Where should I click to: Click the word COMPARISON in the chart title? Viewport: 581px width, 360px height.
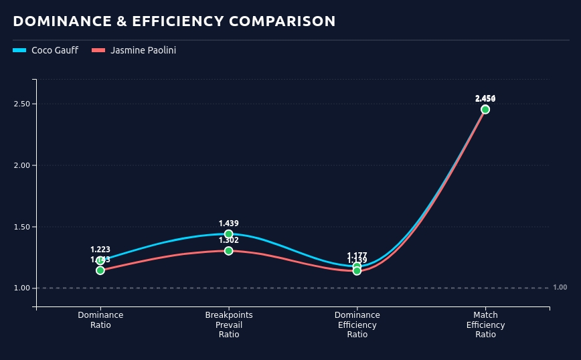pyautogui.click(x=282, y=21)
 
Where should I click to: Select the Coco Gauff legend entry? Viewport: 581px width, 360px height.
pyautogui.click(x=54, y=50)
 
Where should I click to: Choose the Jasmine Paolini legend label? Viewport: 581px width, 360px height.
pyautogui.click(x=143, y=50)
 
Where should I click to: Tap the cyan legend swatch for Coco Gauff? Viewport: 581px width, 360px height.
pyautogui.click(x=19, y=50)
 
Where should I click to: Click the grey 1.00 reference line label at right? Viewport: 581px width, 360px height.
pyautogui.click(x=560, y=288)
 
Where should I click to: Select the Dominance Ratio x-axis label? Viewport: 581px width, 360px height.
pyautogui.click(x=100, y=320)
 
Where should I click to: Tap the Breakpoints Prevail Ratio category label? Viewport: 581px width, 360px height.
pyautogui.click(x=229, y=325)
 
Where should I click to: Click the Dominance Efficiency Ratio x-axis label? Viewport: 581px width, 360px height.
pyautogui.click(x=357, y=325)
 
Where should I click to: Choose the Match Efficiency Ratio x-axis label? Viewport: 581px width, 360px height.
pyautogui.click(x=485, y=325)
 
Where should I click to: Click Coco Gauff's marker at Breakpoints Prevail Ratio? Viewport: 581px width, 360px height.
pyautogui.click(x=229, y=234)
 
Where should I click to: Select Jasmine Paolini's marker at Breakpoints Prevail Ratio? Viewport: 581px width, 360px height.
pyautogui.click(x=229, y=251)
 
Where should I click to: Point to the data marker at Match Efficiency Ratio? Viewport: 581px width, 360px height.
pyautogui.click(x=485, y=110)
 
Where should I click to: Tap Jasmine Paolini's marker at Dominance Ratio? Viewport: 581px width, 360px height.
pyautogui.click(x=100, y=270)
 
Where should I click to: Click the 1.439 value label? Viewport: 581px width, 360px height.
pyautogui.click(x=229, y=223)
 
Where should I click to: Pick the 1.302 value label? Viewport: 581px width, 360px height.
pyautogui.click(x=229, y=240)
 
